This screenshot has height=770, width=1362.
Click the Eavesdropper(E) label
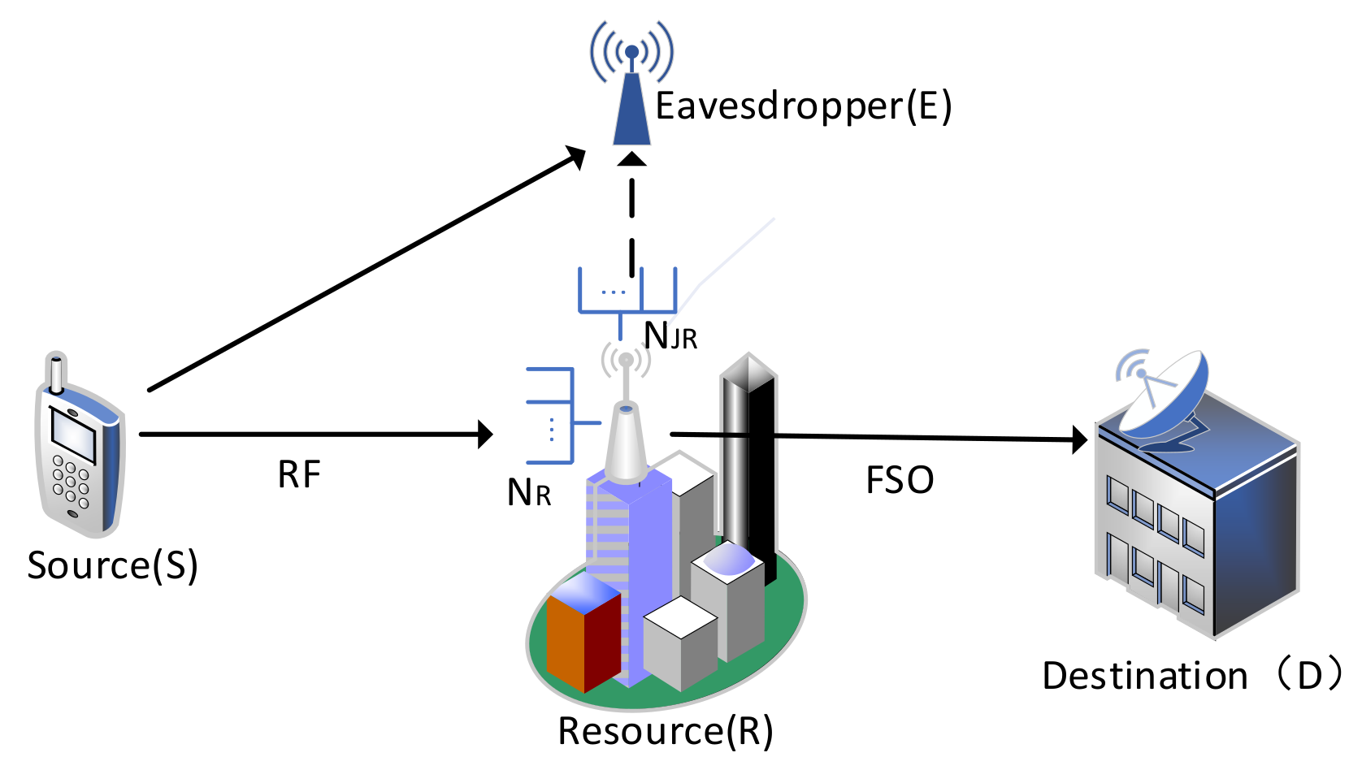click(803, 106)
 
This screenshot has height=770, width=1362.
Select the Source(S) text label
click(112, 565)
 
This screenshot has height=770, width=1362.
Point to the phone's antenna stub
click(56, 372)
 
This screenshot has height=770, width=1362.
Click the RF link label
click(299, 475)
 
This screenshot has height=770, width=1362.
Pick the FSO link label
click(900, 480)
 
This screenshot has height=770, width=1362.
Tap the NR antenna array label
click(529, 492)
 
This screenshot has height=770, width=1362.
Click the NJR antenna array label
click(670, 335)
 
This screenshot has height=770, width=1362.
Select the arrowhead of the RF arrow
click(486, 435)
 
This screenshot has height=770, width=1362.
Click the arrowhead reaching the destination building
click(1080, 439)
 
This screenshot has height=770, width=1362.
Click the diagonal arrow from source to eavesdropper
click(366, 269)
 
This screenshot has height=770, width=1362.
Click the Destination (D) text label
click(1191, 676)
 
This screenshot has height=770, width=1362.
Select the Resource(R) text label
click(665, 731)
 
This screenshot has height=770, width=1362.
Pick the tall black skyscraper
click(749, 455)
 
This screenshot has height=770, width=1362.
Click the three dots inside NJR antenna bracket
click(613, 292)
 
